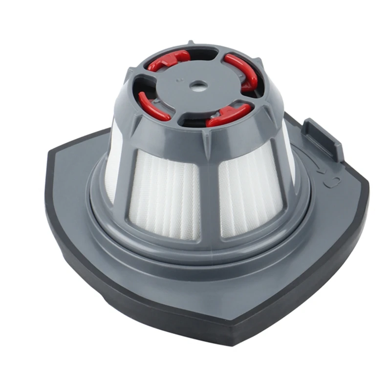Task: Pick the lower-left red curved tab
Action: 153,106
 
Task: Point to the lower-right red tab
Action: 228,115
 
